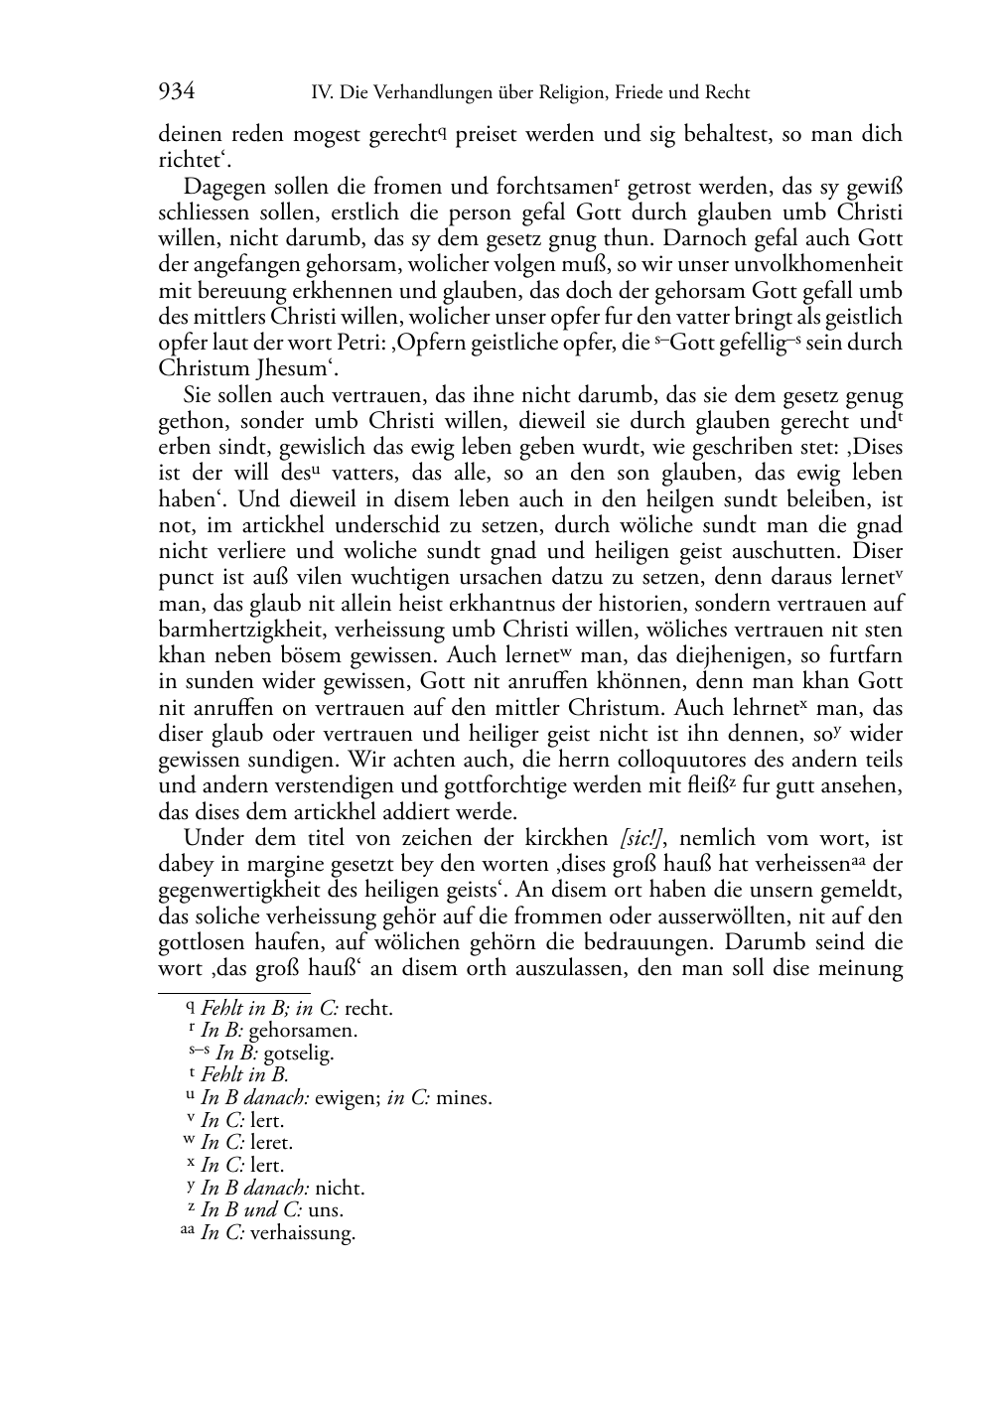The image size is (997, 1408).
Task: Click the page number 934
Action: pos(176,92)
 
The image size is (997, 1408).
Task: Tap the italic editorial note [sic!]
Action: pos(636,838)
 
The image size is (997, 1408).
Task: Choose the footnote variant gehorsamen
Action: pos(303,1031)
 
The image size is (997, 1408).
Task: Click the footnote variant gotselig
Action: pos(299,1054)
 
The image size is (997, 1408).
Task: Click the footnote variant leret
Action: pos(271,1144)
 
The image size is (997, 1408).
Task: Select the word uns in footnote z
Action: pos(326,1211)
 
